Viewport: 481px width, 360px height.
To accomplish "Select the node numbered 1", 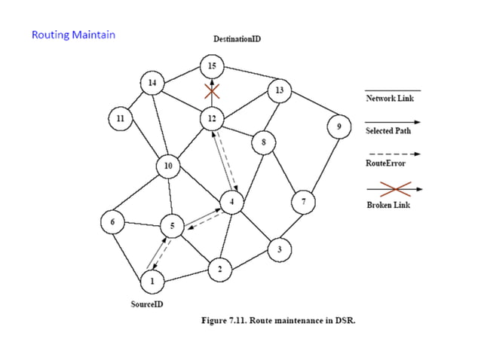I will click(x=152, y=282).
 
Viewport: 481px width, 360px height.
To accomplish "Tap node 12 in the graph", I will click(x=213, y=118).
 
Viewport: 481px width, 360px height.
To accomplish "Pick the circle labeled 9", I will click(x=339, y=127).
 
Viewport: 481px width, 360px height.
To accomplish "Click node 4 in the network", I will click(x=231, y=202).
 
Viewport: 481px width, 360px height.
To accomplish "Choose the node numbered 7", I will click(x=303, y=202).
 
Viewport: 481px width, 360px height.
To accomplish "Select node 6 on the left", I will click(x=113, y=222).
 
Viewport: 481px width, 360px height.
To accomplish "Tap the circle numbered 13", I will click(x=279, y=91).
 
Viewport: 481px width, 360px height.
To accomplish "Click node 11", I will click(x=119, y=118).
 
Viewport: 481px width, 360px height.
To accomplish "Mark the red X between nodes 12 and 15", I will click(x=213, y=91).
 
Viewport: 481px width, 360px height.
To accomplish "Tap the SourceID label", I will click(x=147, y=305).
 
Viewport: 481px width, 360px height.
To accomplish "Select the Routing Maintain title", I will click(x=73, y=34).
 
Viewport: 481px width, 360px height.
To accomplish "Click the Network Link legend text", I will click(x=390, y=98).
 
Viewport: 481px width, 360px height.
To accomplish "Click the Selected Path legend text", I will click(x=389, y=130).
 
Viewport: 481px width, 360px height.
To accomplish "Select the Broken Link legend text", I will click(x=388, y=206).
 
